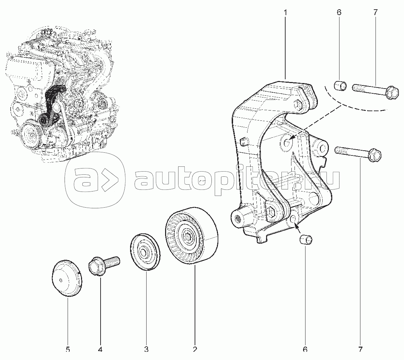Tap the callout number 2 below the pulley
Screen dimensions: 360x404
pyautogui.click(x=195, y=349)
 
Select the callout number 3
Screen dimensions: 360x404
pyautogui.click(x=146, y=349)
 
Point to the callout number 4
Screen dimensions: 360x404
pyautogui.click(x=100, y=349)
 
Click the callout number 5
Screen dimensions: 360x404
pyautogui.click(x=68, y=349)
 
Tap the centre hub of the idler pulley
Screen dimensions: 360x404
pyautogui.click(x=188, y=236)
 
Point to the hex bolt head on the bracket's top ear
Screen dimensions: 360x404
pyautogui.click(x=298, y=104)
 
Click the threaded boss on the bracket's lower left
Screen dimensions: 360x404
pyautogui.click(x=238, y=218)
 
